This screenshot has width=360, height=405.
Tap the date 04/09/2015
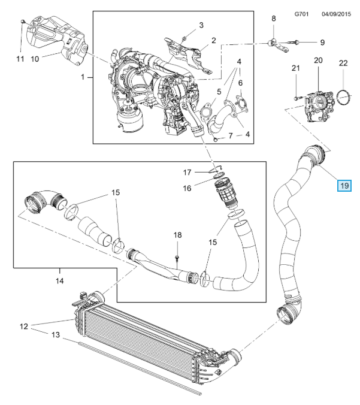point(336,13)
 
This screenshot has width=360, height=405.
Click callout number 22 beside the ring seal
point(343,62)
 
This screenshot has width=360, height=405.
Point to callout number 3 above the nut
point(201,25)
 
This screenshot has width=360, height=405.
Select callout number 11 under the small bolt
point(20,59)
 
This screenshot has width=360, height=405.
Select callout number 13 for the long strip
point(56,336)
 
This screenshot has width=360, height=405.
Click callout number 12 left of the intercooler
point(24,327)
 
